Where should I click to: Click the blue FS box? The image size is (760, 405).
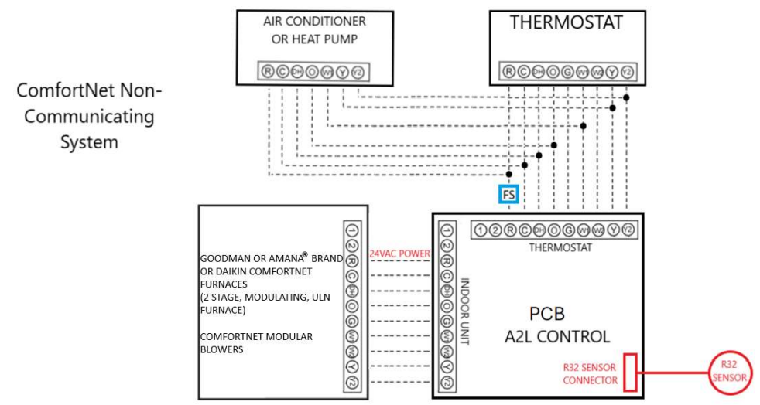508,195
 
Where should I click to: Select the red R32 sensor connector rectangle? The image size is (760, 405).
631,372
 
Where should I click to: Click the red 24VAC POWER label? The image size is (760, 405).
399,254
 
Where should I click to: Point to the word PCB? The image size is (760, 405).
546,315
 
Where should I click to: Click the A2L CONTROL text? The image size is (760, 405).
557,337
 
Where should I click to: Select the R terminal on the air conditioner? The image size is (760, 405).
268,72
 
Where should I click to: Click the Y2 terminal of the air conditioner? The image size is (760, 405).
357,72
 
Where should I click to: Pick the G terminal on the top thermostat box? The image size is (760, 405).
568,72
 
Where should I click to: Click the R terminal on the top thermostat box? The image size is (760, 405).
509,72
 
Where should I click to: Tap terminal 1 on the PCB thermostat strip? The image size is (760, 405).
480,230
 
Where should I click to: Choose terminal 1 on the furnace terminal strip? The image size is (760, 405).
352,230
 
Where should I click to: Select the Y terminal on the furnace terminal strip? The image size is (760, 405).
352,366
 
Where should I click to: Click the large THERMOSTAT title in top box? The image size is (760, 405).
566,22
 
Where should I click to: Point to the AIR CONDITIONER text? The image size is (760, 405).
314,21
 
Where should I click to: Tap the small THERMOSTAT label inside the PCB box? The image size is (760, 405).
560,247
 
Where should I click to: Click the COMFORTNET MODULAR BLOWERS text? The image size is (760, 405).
245,342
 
